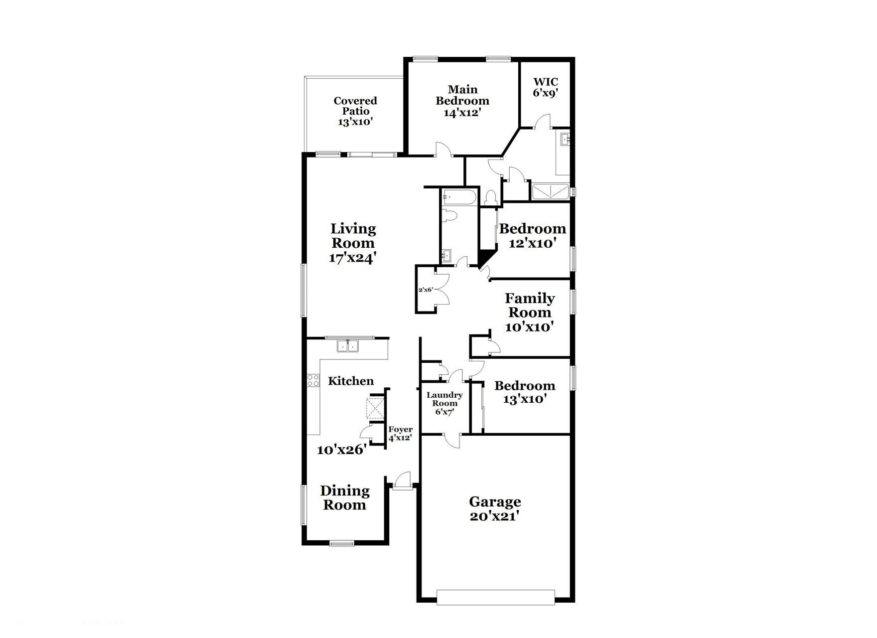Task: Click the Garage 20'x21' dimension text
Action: coord(495,516)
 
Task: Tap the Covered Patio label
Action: coord(355,106)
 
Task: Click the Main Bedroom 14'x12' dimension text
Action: coord(462,113)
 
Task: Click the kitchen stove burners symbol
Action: coord(313,381)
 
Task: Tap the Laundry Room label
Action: coord(444,399)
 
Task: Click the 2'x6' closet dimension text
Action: coord(426,290)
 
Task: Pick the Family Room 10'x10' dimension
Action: coord(529,327)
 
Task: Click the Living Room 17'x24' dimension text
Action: coord(352,258)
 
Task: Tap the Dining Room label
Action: coord(345,497)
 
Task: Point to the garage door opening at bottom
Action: coord(496,597)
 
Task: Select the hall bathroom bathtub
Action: coord(459,197)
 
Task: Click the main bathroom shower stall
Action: coord(550,192)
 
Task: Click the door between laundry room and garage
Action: coord(451,439)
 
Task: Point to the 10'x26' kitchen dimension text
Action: coord(342,450)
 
